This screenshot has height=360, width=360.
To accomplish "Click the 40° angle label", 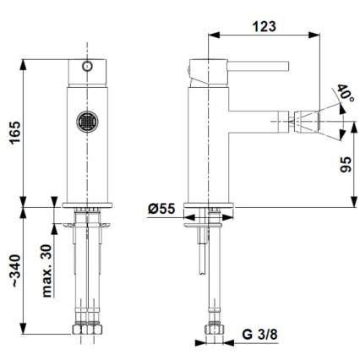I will pos(344,95).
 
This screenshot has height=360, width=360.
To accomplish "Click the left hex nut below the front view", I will pos(74,332).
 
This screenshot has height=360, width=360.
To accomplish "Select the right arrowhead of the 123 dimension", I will pos(322,35).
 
